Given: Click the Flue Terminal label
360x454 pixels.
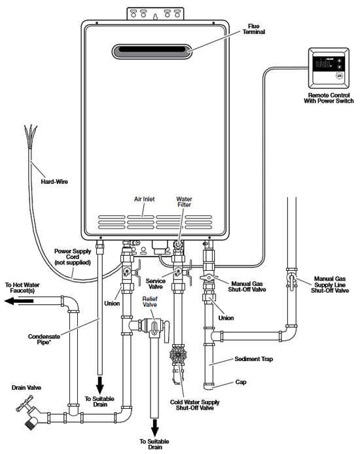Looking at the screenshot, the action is pos(253,29).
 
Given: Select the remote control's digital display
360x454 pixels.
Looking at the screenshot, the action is pos(323,63).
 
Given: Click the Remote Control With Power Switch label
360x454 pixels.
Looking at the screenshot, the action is pos(329,98).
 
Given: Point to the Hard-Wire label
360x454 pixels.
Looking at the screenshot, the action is pos(54,182).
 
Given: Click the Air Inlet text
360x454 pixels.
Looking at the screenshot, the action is pos(144,200).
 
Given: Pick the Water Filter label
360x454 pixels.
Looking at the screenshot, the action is pos(184,201).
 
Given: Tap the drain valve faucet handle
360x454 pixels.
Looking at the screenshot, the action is pos(23,404).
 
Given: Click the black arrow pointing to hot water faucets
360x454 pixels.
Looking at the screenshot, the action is pos(19,301).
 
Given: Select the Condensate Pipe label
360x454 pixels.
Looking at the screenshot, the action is pos(44,340).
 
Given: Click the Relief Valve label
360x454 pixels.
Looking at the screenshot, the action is pos(150,302).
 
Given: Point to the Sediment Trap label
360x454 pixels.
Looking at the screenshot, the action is pos(254,359).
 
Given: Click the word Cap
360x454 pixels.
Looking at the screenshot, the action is pos(241,382).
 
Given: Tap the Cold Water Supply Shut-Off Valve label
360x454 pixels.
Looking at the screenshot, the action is pos(194,405).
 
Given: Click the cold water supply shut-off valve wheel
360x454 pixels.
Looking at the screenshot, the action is pos(178,355).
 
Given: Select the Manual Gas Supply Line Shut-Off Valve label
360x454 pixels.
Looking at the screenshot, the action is pos(330,285).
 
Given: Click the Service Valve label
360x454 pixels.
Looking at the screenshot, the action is pos(156,284).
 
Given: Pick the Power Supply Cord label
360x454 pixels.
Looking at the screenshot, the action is pos(73,257).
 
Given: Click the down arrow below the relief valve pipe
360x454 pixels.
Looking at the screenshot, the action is pos(155,428).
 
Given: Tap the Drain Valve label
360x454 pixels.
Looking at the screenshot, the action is pos(26,388).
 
